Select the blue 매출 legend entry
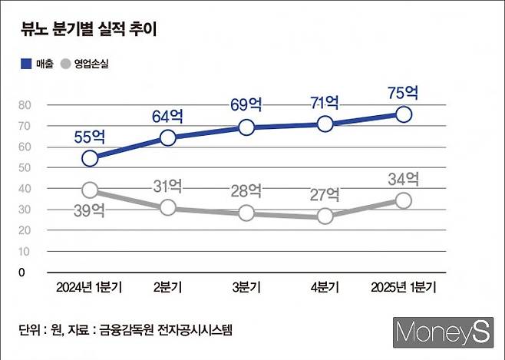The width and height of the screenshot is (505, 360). [37, 65]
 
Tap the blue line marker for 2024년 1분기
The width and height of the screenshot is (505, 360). [90, 158]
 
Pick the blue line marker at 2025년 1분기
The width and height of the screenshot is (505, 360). [403, 114]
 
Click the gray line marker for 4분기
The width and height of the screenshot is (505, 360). [325, 216]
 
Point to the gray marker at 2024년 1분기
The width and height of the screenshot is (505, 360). [90, 190]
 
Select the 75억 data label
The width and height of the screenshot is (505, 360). [403, 93]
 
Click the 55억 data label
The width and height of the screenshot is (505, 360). [90, 137]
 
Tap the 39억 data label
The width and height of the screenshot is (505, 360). [90, 212]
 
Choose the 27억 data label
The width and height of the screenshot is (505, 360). [325, 194]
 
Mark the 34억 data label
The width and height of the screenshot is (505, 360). [403, 180]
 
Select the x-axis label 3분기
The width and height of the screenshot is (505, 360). [246, 288]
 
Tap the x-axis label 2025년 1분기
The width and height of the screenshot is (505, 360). [403, 288]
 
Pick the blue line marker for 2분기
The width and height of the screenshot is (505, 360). [168, 138]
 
